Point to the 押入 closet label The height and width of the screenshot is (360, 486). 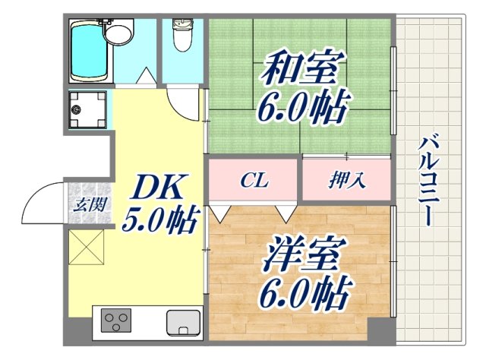click(x=347, y=181)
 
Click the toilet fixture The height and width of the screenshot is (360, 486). click(x=182, y=34)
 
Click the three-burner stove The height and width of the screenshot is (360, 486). click(x=114, y=322)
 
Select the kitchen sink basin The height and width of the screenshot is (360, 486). click(x=181, y=322)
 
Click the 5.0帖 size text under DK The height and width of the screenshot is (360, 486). click(x=160, y=221)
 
